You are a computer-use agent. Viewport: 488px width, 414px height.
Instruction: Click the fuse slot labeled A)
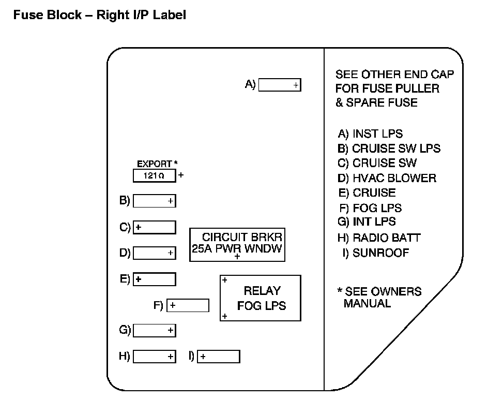(x=279, y=85)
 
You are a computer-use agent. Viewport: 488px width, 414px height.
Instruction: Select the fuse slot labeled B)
(x=154, y=201)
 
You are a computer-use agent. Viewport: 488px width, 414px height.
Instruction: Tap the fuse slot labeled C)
(x=154, y=227)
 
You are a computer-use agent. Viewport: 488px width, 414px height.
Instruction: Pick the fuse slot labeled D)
(x=154, y=253)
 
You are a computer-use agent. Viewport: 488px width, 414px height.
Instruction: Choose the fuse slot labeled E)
(x=154, y=279)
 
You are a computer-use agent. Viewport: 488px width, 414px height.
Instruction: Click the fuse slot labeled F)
(x=188, y=305)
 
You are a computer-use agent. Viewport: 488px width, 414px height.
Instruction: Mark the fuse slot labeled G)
(x=154, y=330)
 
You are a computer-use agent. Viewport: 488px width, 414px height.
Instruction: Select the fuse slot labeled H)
(x=154, y=357)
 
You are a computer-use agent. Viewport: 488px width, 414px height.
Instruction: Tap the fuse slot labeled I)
(x=218, y=357)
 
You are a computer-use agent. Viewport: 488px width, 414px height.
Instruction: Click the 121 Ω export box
(x=154, y=176)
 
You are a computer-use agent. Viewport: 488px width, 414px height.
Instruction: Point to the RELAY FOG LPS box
(x=261, y=298)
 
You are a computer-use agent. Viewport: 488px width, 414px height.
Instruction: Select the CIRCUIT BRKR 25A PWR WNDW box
(x=238, y=245)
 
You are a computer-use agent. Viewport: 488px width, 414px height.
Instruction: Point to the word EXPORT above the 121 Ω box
(x=154, y=164)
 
